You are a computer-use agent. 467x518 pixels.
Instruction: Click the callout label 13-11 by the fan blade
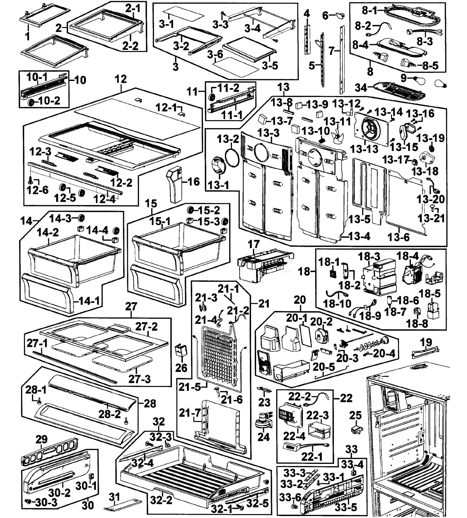(337, 121)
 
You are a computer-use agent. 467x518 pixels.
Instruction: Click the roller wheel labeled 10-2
(31, 102)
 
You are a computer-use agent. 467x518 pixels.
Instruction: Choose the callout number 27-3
(139, 379)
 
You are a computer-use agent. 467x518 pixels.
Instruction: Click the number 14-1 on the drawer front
(89, 301)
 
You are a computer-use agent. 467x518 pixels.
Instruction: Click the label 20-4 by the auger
(384, 354)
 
